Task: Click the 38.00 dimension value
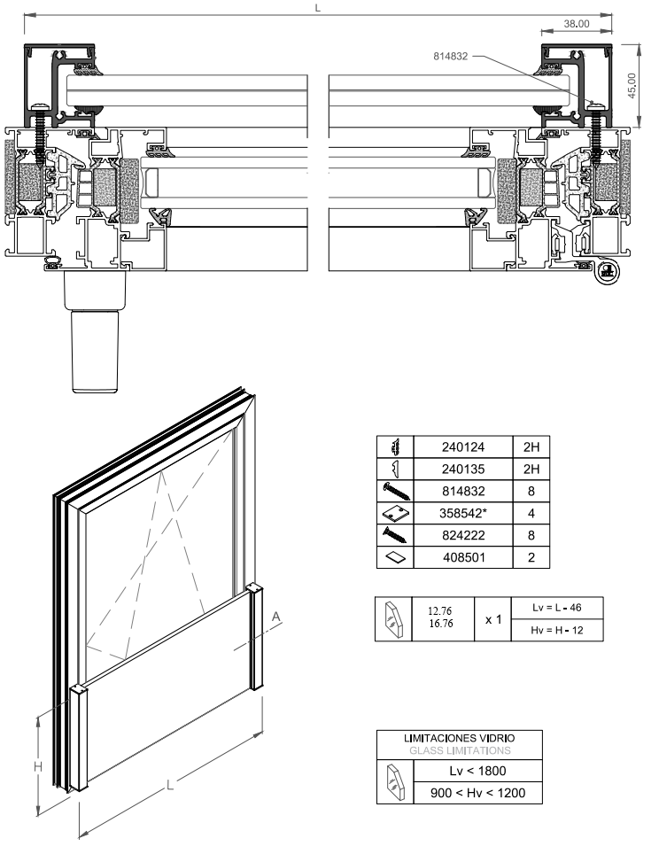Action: [x=577, y=24]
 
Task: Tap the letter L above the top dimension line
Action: [x=317, y=6]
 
